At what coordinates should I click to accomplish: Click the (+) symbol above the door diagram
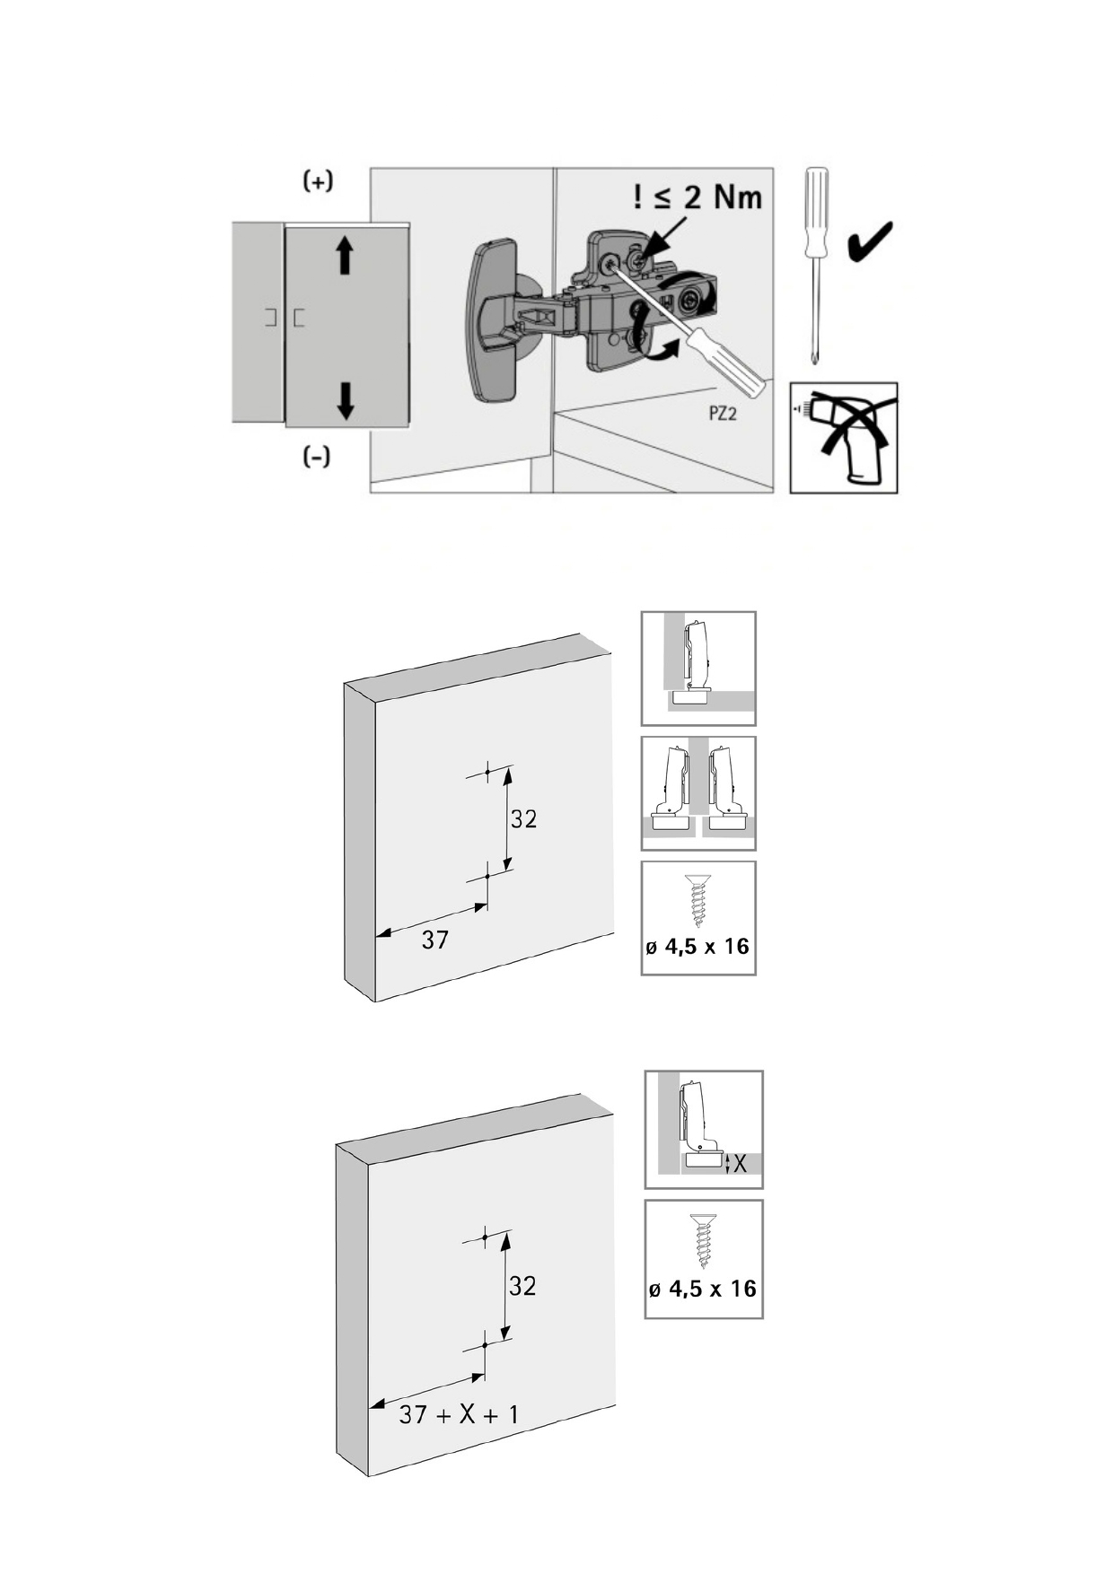click(318, 181)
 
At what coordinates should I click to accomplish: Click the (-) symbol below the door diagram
click(316, 457)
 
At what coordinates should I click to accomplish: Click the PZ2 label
click(723, 415)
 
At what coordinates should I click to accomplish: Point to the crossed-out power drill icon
click(844, 437)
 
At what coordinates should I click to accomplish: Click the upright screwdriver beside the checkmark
click(816, 266)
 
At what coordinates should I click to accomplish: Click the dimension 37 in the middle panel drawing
click(434, 940)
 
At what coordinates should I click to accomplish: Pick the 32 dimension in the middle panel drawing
click(523, 818)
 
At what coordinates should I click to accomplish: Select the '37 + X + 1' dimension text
click(459, 1414)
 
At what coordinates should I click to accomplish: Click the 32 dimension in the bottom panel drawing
click(522, 1286)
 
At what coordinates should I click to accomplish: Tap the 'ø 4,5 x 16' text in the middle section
click(697, 946)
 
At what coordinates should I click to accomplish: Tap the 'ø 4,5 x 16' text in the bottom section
click(703, 1289)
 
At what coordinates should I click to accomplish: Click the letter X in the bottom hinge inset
click(740, 1164)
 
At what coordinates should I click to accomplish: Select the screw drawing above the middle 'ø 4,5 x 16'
click(698, 901)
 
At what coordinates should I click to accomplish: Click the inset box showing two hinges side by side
click(698, 793)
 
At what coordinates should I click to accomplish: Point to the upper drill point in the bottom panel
click(485, 1237)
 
